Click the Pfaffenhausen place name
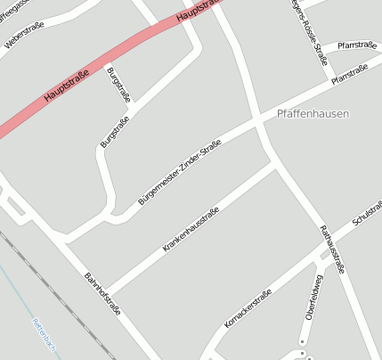click(x=313, y=114)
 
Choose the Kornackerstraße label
click(x=248, y=307)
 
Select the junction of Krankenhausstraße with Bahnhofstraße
click(x=105, y=290)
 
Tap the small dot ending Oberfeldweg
click(x=303, y=341)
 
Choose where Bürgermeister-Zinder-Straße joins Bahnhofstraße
click(x=64, y=239)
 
